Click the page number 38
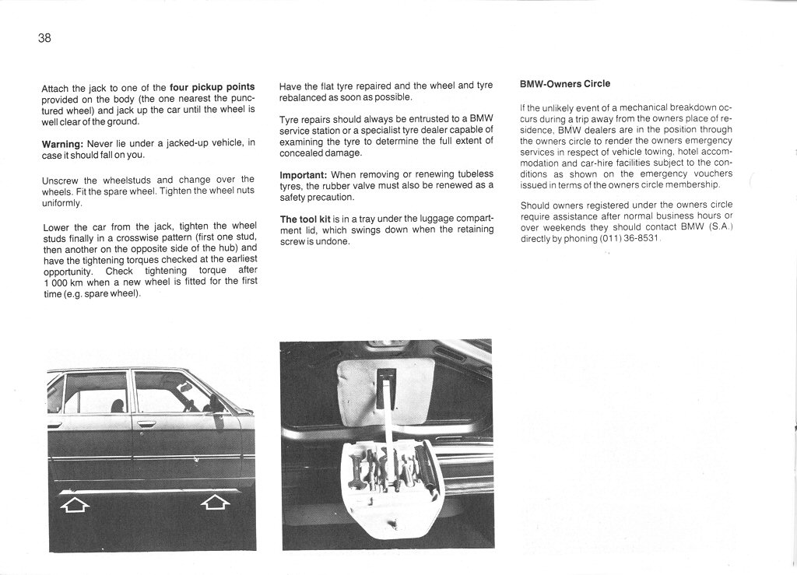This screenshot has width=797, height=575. (x=44, y=38)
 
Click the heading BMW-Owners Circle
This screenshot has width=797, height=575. (x=565, y=84)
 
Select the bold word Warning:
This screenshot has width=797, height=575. (x=62, y=144)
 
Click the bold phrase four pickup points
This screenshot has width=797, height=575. (x=212, y=88)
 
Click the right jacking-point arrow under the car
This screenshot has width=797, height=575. (x=216, y=503)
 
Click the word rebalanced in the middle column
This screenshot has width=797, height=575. (x=305, y=97)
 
